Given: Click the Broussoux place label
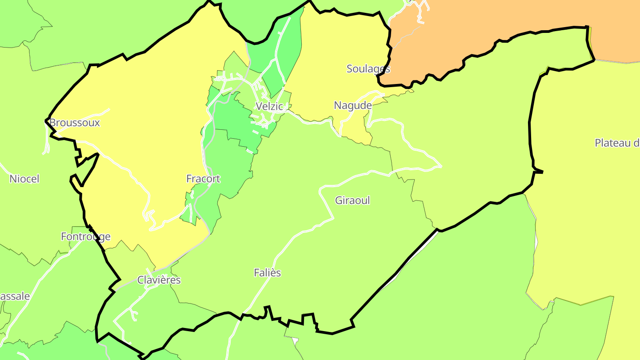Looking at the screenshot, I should click(x=75, y=123).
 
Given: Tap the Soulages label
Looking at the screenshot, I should click(x=368, y=68).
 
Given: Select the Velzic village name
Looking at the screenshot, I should click(x=269, y=106).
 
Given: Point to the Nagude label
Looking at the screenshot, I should click(x=352, y=105).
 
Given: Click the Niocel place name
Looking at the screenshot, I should click(x=24, y=179).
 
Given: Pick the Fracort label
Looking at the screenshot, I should click(x=203, y=179).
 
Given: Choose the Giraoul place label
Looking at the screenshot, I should click(x=352, y=200).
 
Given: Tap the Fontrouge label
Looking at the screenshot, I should click(x=86, y=236).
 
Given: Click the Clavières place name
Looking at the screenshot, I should click(x=159, y=280).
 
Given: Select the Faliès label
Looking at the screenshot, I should click(x=268, y=273).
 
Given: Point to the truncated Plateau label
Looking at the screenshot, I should click(x=617, y=143).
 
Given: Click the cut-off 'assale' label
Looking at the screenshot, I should click(x=15, y=296).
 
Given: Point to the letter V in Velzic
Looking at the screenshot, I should click(x=259, y=106).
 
